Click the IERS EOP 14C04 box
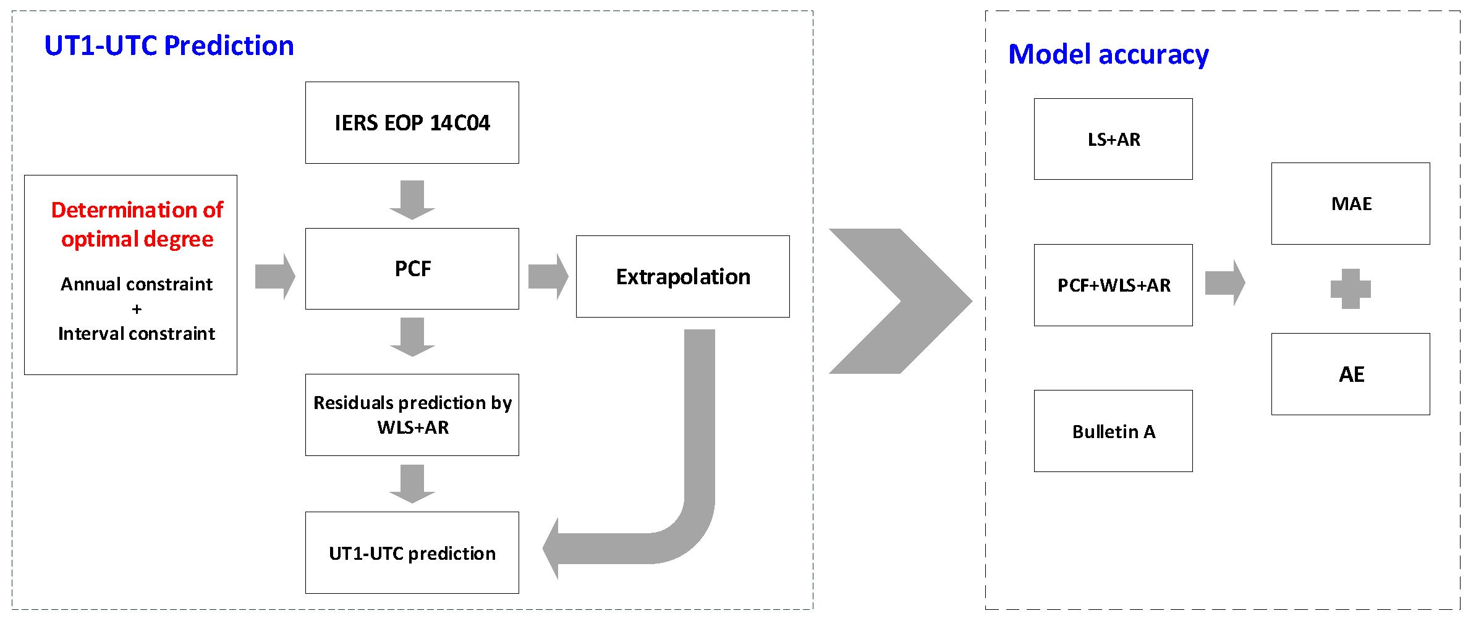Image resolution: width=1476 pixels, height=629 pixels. [x=412, y=122]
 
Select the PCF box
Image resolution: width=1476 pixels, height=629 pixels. [x=412, y=269]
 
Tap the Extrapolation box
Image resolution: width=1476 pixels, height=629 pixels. [x=682, y=276]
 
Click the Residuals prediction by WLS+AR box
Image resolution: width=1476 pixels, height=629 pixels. [x=412, y=415]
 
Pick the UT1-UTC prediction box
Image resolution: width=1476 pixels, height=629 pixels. [x=412, y=552]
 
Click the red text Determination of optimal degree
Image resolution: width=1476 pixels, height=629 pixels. [x=137, y=224]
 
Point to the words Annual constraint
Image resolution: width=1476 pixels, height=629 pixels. [x=137, y=284]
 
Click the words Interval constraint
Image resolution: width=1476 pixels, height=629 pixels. [x=137, y=334]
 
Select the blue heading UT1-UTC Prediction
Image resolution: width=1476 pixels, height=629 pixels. [x=169, y=46]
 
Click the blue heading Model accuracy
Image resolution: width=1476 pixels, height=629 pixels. [x=1108, y=54]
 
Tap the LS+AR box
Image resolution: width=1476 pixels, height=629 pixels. [x=1113, y=139]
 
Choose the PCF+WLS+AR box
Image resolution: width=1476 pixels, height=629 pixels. [x=1113, y=285]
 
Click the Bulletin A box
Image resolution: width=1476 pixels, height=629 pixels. [x=1113, y=431]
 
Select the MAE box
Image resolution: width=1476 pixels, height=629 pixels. [x=1351, y=203]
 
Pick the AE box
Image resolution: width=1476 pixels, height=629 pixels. [x=1351, y=374]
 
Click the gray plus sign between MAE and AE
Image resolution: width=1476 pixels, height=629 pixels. [x=1351, y=289]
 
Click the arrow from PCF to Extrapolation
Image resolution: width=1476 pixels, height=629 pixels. [x=548, y=276]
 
